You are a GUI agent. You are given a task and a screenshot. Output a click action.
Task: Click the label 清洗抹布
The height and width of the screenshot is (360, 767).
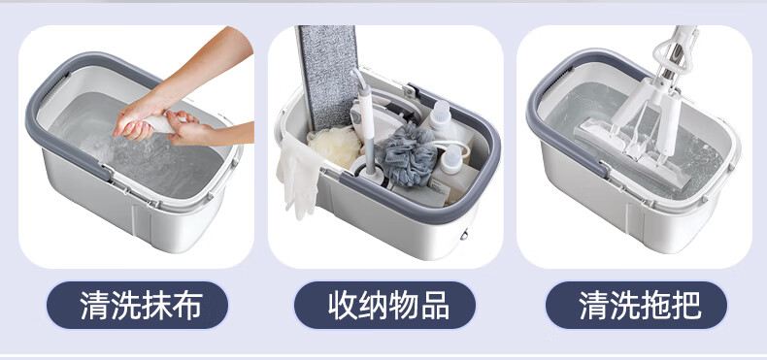(x=142, y=306)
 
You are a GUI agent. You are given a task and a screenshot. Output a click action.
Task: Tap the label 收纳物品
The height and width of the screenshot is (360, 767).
(x=389, y=306)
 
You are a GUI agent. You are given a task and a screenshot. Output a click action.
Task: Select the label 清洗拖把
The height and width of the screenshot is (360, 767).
(x=641, y=306)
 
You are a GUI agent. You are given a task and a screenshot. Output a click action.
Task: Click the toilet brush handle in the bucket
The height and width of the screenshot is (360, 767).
(x=366, y=122)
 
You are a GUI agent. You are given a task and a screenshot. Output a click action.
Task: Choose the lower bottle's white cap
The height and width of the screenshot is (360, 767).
(x=452, y=156)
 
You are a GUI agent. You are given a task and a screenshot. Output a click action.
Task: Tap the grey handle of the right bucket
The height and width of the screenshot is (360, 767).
(x=567, y=112)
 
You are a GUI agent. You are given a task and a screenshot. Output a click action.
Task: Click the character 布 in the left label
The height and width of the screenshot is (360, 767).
(x=187, y=306)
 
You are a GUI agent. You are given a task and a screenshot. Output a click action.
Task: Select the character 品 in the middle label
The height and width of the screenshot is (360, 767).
(x=435, y=306)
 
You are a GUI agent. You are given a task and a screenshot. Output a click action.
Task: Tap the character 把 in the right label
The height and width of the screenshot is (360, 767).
(x=687, y=306)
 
